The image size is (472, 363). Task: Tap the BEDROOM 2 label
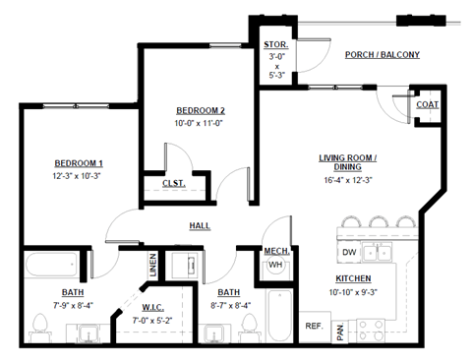click(201, 110)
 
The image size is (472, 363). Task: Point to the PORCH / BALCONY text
click(383, 55)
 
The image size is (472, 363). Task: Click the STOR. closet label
click(275, 44)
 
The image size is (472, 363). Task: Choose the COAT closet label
click(427, 104)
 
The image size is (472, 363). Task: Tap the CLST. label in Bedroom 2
click(173, 182)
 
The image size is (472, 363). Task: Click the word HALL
click(201, 226)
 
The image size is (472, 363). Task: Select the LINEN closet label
click(152, 264)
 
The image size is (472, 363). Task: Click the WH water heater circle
click(275, 265)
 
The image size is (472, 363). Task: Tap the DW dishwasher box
click(349, 253)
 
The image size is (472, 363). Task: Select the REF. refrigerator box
click(315, 326)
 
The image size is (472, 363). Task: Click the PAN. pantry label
click(340, 333)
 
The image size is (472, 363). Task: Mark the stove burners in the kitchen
click(373, 331)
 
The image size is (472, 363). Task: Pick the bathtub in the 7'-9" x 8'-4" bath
click(52, 265)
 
